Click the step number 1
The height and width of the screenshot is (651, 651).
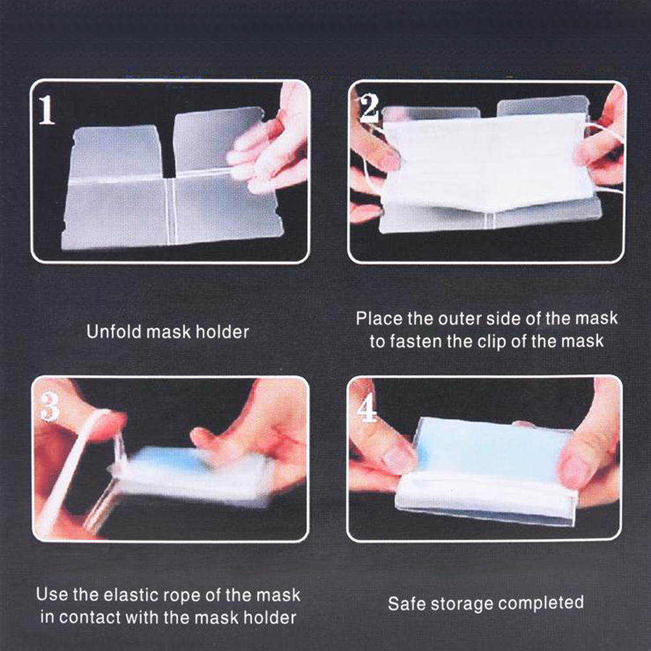tap(47, 110)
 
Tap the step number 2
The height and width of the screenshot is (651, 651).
tap(368, 108)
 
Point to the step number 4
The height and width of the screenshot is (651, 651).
tap(366, 407)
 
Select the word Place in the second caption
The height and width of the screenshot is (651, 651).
tap(379, 318)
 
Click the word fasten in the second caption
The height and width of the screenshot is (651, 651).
tap(416, 341)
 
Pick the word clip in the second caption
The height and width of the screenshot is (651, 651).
tap(489, 341)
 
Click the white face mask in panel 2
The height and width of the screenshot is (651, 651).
tap(487, 161)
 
